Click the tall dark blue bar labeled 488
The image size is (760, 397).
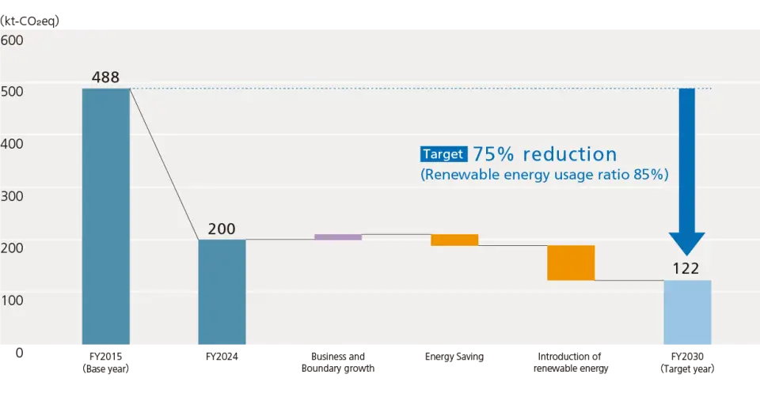tap(106, 217)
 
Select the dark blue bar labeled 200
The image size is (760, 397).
tap(222, 292)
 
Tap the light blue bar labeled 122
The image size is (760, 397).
tap(687, 312)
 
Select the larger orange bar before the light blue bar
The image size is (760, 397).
tap(571, 263)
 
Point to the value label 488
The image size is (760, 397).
tap(106, 78)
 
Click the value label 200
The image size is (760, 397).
tap(222, 229)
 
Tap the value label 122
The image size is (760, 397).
tap(686, 269)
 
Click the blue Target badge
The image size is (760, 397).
tap(443, 154)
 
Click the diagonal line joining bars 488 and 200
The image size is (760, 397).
tap(164, 164)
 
